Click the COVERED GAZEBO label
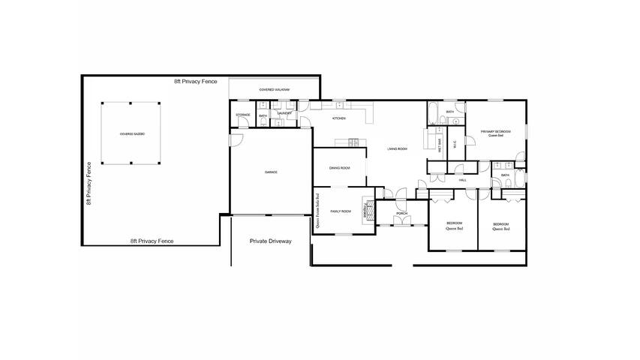click(131, 133)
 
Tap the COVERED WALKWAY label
click(275, 90)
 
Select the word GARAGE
click(271, 172)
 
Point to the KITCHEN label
click(339, 119)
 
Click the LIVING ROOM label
click(397, 149)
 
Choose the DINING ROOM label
click(340, 168)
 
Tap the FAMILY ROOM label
click(341, 211)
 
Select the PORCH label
click(402, 214)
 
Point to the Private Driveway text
click(270, 241)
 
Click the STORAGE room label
click(243, 115)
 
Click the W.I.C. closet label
click(455, 145)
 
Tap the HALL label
click(463, 180)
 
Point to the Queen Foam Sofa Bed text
click(318, 212)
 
